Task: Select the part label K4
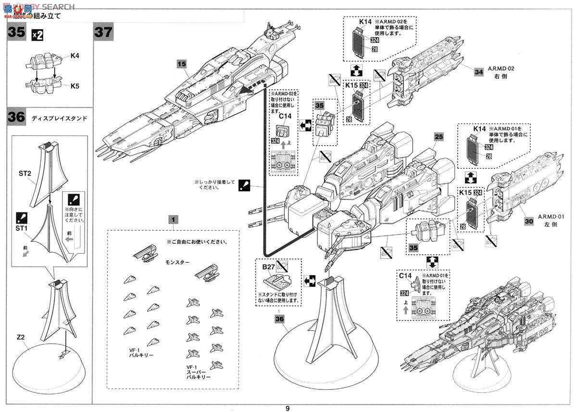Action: click(75, 56)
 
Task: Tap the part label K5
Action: click(75, 87)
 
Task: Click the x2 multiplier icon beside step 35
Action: click(37, 34)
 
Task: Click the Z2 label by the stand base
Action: click(20, 338)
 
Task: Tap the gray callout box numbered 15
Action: click(181, 63)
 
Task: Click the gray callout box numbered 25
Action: click(438, 136)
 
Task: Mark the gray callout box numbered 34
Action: click(478, 72)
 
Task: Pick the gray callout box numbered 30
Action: click(528, 222)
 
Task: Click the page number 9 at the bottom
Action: click(288, 408)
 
